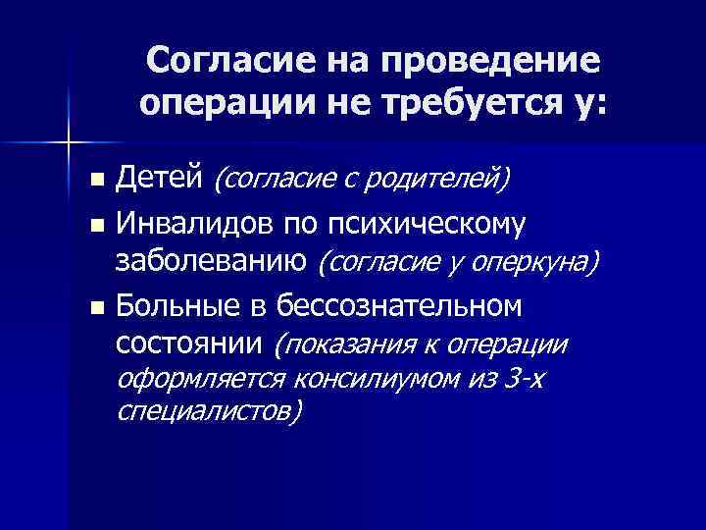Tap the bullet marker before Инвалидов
pyautogui.click(x=95, y=226)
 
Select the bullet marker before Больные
pyautogui.click(x=95, y=308)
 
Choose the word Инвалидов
pyautogui.click(x=195, y=224)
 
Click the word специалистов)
pyautogui.click(x=209, y=411)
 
